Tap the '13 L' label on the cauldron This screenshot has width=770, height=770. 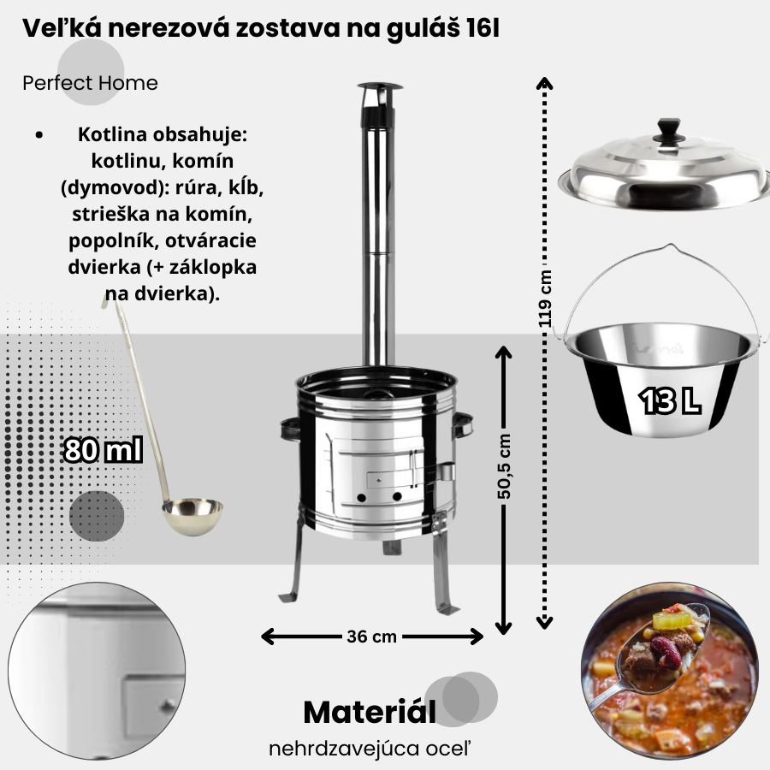click(670, 400)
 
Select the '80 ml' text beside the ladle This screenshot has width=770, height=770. click(104, 450)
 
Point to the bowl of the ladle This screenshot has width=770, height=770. click(192, 516)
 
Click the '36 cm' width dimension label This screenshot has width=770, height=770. click(372, 637)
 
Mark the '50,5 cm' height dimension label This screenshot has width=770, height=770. click(504, 466)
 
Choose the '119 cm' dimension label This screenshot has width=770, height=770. click(545, 299)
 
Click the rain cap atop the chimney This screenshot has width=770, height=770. click(380, 88)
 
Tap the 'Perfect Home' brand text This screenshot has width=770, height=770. click(91, 83)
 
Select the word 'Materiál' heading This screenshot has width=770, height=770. click(370, 712)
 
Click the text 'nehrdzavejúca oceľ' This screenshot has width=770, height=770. click(370, 749)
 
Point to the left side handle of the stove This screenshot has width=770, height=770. click(290, 429)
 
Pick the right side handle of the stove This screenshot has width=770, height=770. click(463, 424)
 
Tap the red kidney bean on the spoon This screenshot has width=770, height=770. click(666, 653)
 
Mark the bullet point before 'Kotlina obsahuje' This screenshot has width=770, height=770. click(39, 135)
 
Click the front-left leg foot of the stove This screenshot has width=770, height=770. click(288, 596)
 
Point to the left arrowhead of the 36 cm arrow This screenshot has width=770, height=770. click(267, 637)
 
